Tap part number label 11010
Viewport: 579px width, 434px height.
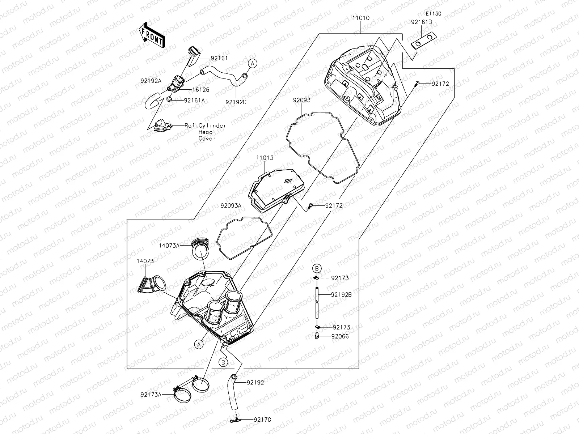pyautogui.click(x=361, y=17)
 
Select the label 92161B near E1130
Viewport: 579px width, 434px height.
pyautogui.click(x=421, y=22)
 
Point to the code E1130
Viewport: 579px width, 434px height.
pyautogui.click(x=433, y=13)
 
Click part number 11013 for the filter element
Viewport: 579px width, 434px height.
pyautogui.click(x=265, y=158)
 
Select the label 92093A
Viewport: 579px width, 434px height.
pyautogui.click(x=231, y=205)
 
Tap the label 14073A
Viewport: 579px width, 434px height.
pyautogui.click(x=169, y=245)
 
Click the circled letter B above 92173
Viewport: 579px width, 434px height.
pyautogui.click(x=317, y=268)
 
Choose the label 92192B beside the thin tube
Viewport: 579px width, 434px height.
pyautogui.click(x=341, y=294)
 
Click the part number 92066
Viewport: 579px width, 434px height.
pyautogui.click(x=340, y=336)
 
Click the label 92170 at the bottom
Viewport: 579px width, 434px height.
pyautogui.click(x=262, y=420)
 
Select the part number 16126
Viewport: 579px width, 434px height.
pyautogui.click(x=201, y=90)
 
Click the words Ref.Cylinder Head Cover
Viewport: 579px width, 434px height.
pyautogui.click(x=206, y=132)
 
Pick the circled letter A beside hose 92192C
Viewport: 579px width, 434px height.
pyautogui.click(x=252, y=63)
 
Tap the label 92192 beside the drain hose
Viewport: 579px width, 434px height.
pyautogui.click(x=255, y=382)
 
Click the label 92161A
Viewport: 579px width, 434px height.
pyautogui.click(x=194, y=100)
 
